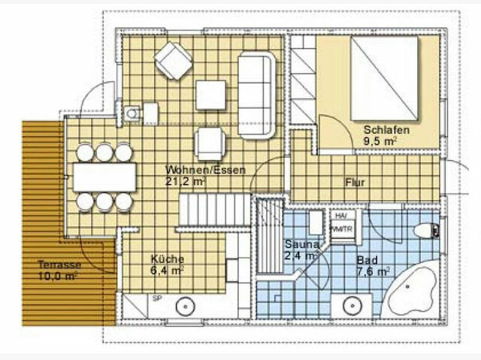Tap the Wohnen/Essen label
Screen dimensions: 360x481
click(195, 170)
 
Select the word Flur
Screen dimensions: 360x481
click(355, 183)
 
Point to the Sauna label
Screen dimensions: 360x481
click(302, 245)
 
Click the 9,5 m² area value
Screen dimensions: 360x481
click(380, 141)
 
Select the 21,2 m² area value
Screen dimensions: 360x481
click(185, 181)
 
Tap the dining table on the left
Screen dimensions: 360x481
click(104, 177)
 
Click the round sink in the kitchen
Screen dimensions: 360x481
click(185, 306)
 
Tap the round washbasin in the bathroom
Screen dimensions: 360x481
click(350, 306)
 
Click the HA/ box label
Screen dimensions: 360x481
click(340, 216)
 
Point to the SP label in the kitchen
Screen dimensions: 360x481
click(157, 298)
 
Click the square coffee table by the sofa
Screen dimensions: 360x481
click(210, 95)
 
